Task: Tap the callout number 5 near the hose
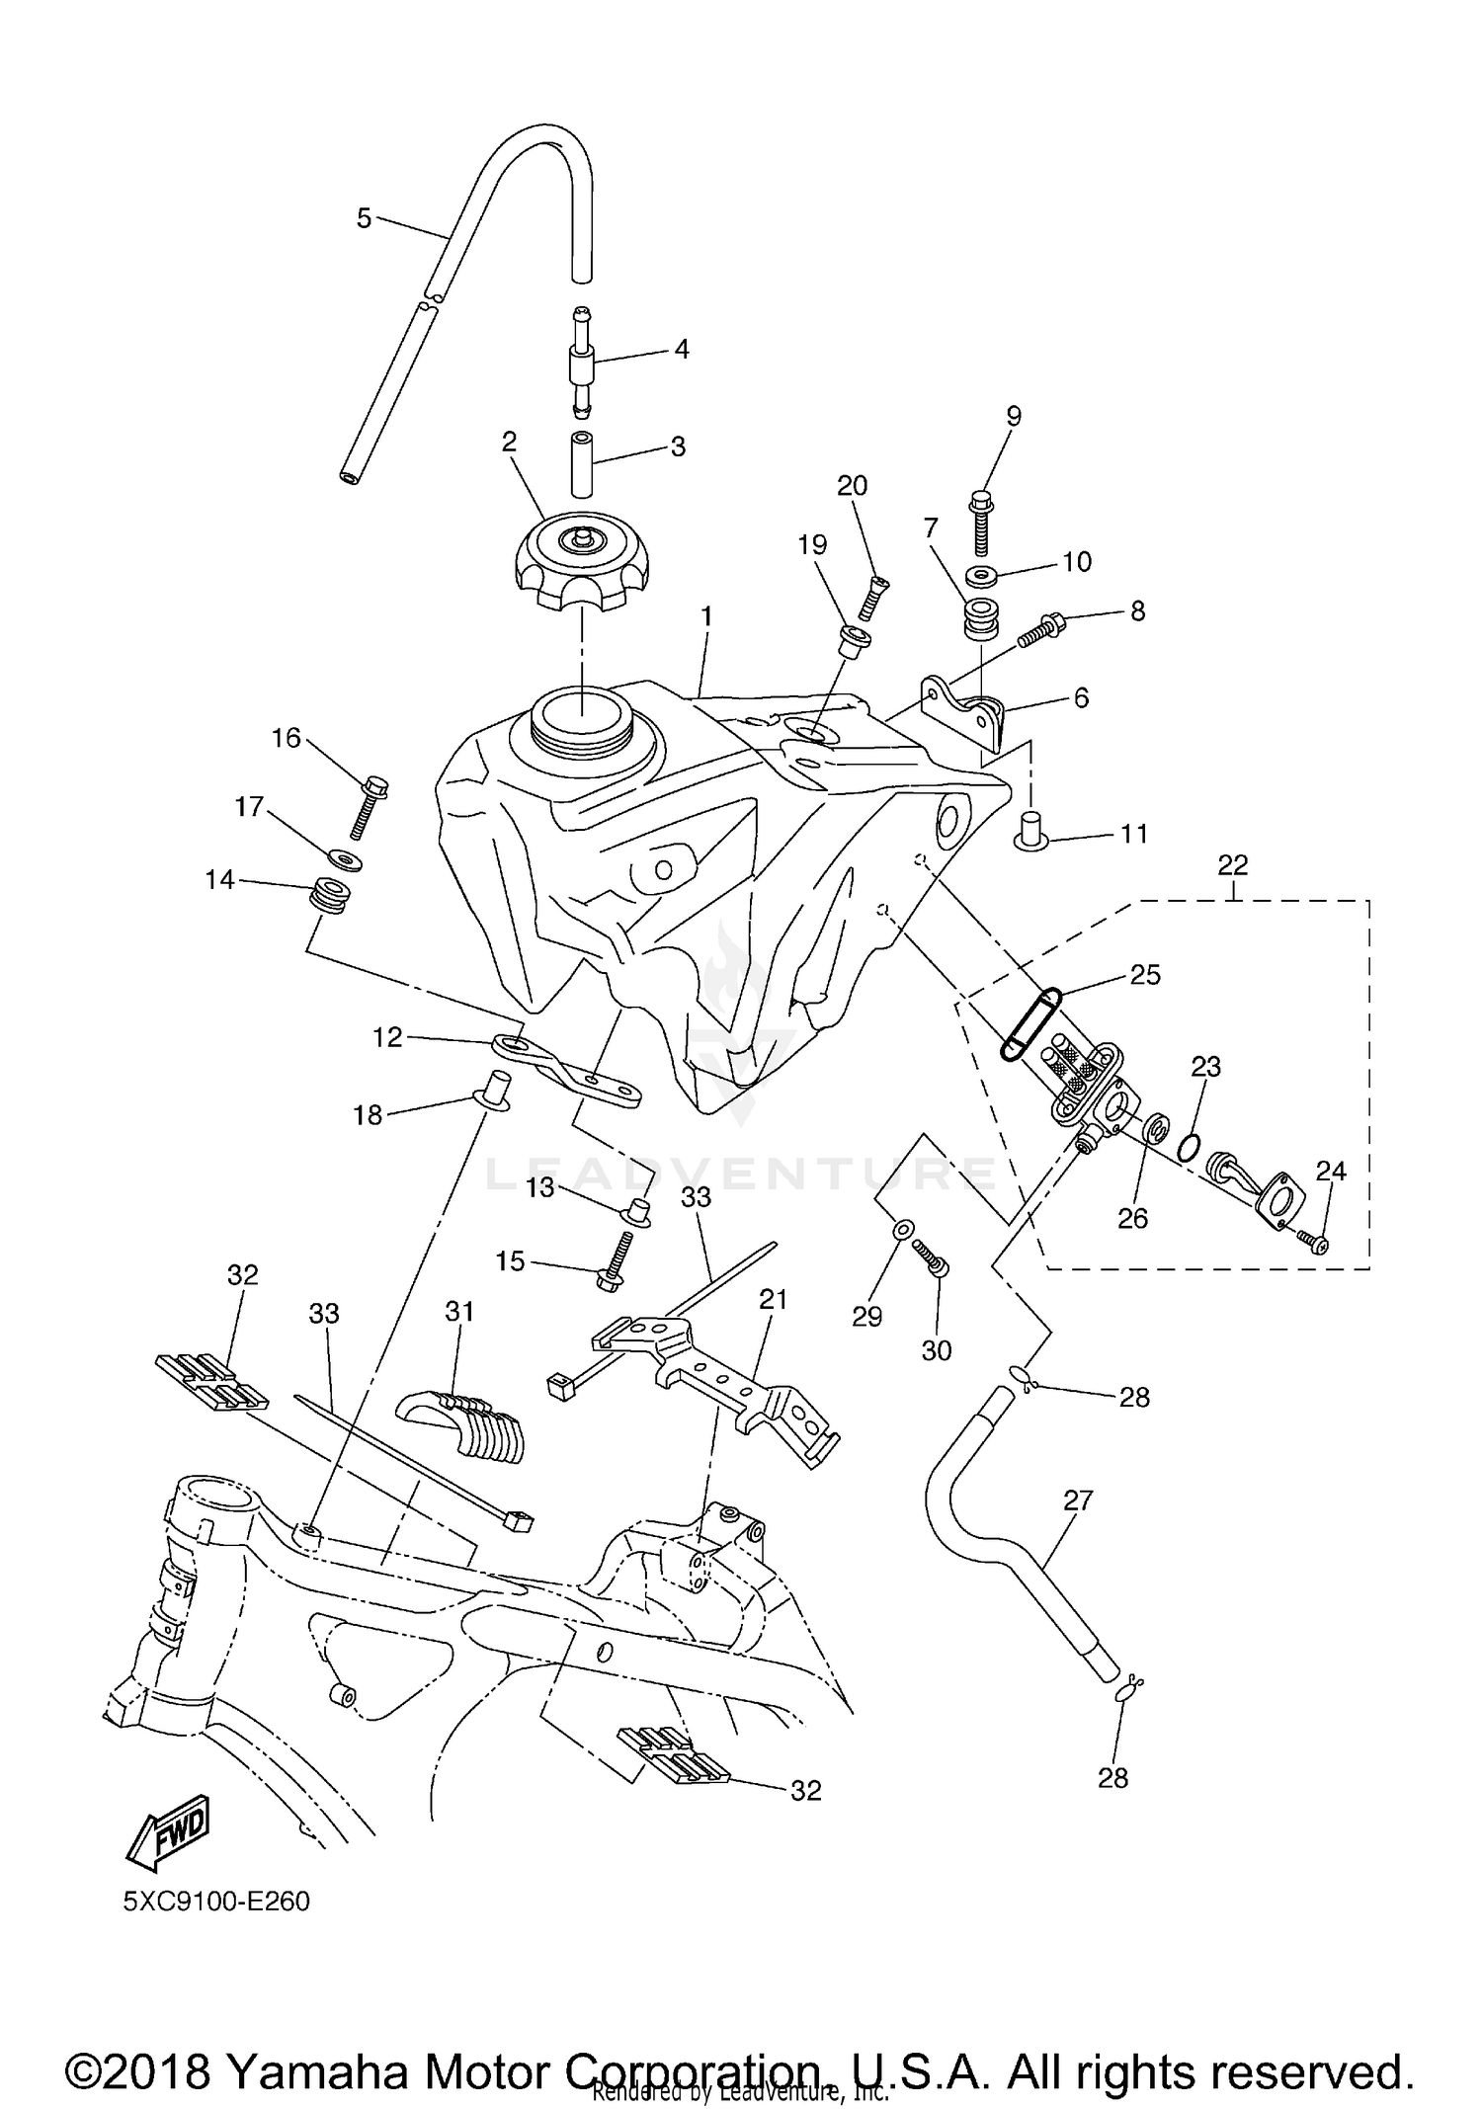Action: coord(365,218)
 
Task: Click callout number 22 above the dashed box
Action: coord(1233,865)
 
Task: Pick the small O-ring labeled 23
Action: coord(1192,1147)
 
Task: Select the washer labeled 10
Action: coord(981,576)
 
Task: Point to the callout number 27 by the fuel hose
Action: coord(1078,1501)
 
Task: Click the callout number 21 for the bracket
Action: coord(773,1300)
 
